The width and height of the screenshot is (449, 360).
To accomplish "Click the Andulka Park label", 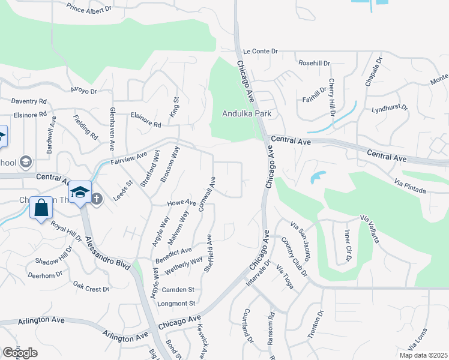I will click(x=247, y=113).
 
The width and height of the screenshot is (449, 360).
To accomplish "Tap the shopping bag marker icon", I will click(x=41, y=208).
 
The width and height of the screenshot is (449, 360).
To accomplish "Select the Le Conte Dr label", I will click(x=260, y=52).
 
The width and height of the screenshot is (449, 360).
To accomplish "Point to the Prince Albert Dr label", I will click(x=90, y=8).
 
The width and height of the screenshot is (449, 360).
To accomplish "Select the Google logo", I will click(x=20, y=353).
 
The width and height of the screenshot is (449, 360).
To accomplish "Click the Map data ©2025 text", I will click(x=424, y=355).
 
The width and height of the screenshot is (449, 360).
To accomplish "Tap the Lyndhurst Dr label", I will click(x=389, y=109).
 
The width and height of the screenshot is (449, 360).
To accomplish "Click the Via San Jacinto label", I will click(x=300, y=241).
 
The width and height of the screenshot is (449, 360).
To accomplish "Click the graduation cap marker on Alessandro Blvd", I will click(x=79, y=192).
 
